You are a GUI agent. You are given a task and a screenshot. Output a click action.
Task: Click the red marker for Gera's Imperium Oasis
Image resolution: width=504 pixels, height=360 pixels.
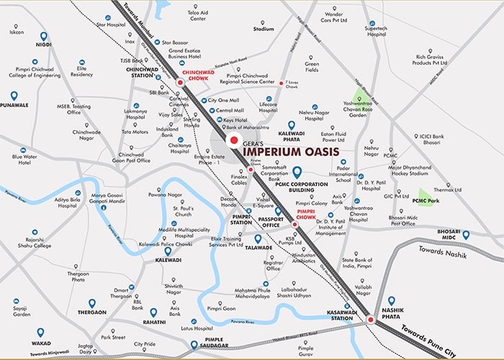232,140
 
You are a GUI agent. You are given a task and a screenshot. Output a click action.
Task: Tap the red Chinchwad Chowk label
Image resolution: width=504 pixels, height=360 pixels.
200,76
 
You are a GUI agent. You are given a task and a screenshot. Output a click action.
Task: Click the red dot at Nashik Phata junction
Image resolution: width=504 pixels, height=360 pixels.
370,319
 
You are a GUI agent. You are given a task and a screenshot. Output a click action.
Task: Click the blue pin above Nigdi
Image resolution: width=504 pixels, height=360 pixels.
44,36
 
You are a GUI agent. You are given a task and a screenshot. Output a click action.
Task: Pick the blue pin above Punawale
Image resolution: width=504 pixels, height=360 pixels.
14,96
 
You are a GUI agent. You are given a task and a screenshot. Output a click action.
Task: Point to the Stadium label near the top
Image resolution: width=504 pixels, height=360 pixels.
264,30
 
